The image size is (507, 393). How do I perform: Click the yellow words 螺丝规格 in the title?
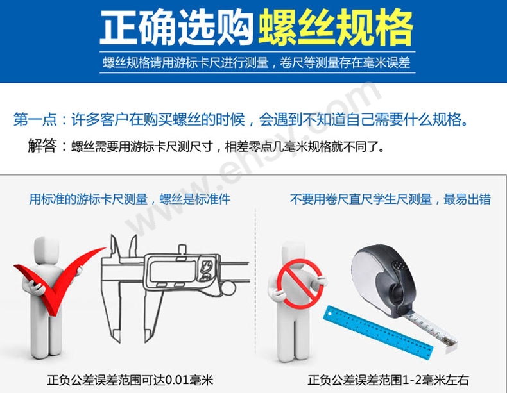[x=336, y=28]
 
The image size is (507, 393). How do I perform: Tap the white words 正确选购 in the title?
[x=177, y=28]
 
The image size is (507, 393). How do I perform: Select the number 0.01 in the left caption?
[x=177, y=380]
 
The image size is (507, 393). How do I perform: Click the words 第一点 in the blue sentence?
[x=35, y=119]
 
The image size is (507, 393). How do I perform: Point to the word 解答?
[x=42, y=146]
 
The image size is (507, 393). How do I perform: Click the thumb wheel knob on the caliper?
[x=228, y=288]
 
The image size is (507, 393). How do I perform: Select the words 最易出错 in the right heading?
[x=467, y=199]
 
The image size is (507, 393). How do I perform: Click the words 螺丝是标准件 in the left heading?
[x=195, y=199]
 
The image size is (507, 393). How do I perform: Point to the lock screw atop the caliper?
[x=182, y=250]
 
